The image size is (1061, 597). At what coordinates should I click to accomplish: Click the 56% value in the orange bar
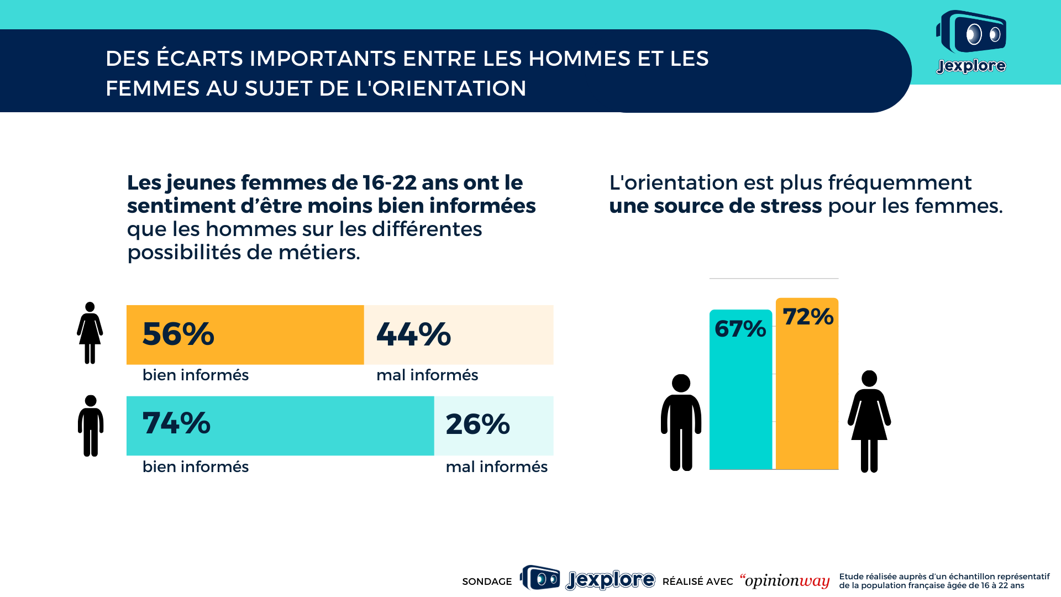[x=178, y=334]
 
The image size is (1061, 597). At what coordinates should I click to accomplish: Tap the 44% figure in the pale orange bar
[x=413, y=334]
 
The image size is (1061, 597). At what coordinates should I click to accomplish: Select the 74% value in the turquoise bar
[x=176, y=423]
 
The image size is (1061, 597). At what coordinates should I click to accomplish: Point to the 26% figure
[x=477, y=424]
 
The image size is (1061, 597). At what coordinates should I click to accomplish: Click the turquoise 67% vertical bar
[x=740, y=398]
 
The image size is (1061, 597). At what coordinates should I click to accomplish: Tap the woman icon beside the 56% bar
[x=90, y=333]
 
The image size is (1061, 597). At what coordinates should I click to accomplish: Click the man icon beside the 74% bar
[x=91, y=426]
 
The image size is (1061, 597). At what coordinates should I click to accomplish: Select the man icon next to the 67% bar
[x=681, y=422]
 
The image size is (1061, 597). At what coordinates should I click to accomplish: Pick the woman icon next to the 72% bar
[x=869, y=421]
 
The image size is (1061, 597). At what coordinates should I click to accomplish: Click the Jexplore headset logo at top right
[x=971, y=41]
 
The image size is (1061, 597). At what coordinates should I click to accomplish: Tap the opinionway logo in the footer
[x=785, y=581]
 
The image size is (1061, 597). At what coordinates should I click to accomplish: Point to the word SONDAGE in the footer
[x=487, y=582]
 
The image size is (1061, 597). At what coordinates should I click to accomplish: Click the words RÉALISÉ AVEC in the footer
[x=697, y=582]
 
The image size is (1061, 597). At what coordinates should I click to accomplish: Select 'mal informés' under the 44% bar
[x=427, y=375]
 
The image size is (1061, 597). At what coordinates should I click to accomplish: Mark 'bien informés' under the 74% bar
[x=196, y=467]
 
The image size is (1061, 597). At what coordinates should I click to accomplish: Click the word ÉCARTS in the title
[x=199, y=59]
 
